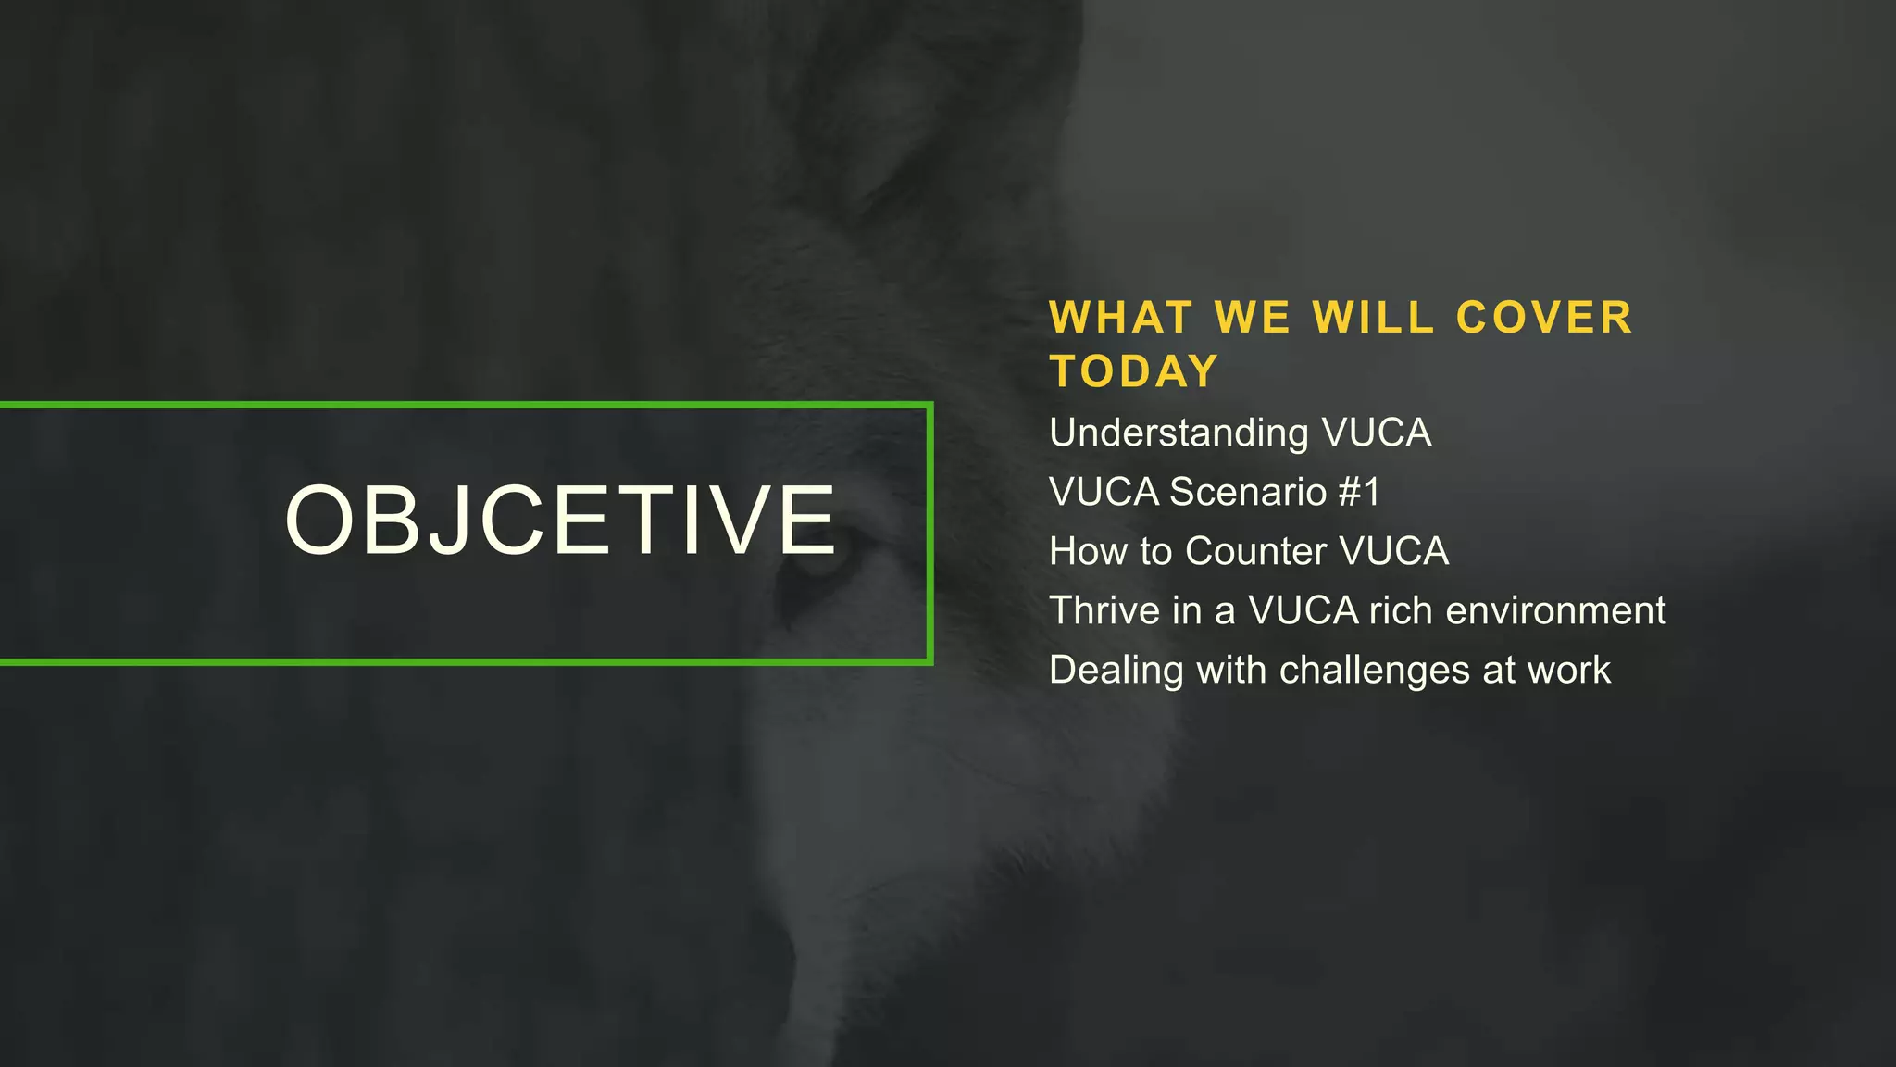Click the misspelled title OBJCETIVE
561,521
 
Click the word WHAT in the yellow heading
1120,318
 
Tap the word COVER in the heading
1544,318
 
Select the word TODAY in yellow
1134,371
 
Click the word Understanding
1179,433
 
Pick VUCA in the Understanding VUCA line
1377,433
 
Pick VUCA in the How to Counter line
1394,551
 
